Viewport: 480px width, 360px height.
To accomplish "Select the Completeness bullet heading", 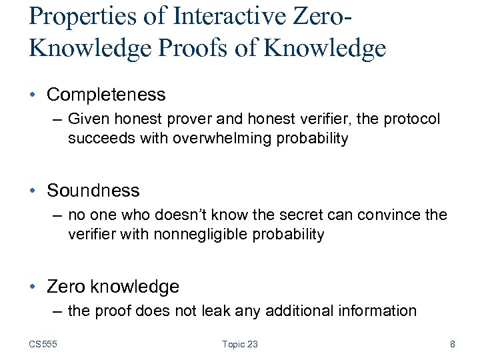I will [x=106, y=95].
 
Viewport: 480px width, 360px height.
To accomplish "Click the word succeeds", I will [x=97, y=139].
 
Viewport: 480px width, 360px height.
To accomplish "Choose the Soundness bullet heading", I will [x=93, y=191].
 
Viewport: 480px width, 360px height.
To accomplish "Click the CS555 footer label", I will [x=43, y=344].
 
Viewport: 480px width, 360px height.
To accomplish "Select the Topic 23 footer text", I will [x=240, y=344].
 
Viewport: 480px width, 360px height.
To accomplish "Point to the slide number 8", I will [x=453, y=344].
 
